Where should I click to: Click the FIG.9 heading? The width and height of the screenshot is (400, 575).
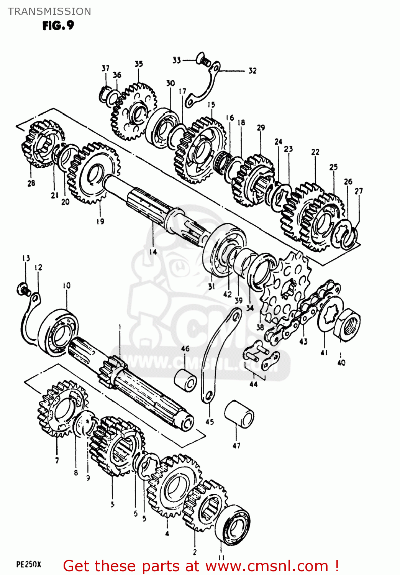58,26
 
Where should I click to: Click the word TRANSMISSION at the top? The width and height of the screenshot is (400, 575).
49,11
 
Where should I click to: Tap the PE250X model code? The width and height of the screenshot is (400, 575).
28,564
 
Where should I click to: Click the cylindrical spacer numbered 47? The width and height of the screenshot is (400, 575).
239,414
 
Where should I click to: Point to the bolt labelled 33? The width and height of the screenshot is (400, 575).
203,60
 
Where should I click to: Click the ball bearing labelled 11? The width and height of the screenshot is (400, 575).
233,524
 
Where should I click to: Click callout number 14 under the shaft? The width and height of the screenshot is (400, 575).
153,252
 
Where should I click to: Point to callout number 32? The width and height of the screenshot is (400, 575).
252,71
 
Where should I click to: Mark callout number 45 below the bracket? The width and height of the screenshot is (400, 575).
210,422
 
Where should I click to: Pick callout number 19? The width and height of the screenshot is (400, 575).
100,221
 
